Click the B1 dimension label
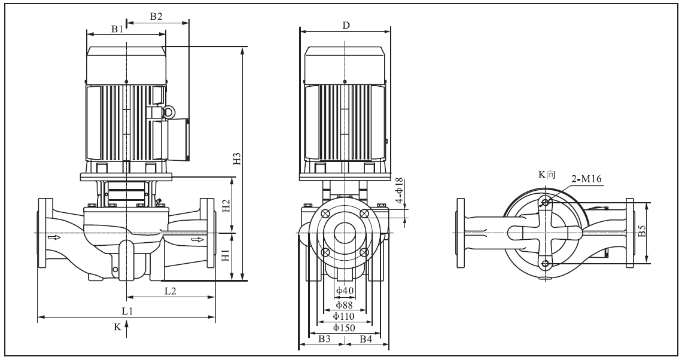point(117,29)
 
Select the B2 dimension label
point(156,17)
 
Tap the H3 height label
point(237,159)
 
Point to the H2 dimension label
point(226,206)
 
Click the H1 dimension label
point(226,256)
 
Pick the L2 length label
point(170,291)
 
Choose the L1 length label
point(127,312)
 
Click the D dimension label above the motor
point(346,25)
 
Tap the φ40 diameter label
point(345,291)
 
